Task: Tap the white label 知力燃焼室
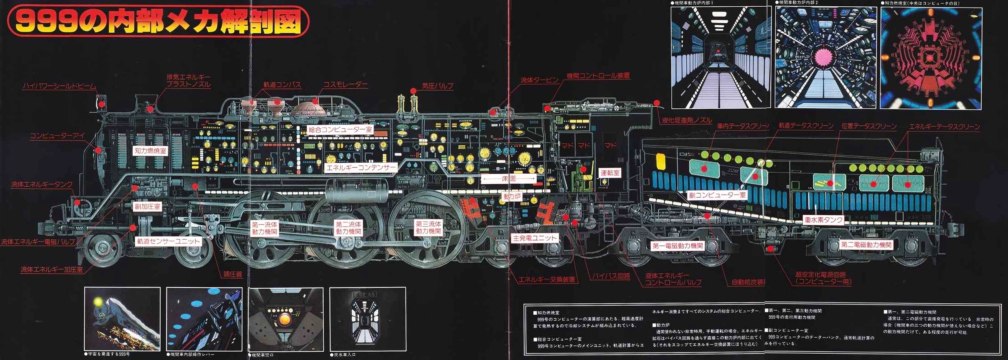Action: [x=150, y=151]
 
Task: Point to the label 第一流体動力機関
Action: [x=265, y=228]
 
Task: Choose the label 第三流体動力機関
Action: [x=428, y=228]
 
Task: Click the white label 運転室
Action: [x=610, y=173]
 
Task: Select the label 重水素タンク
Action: [x=823, y=220]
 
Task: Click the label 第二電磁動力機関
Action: [x=866, y=245]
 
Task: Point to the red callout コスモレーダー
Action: [x=345, y=85]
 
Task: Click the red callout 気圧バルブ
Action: [x=437, y=86]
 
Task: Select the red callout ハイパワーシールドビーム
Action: [x=59, y=86]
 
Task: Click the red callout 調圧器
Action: [x=233, y=274]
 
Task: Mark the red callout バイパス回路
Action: [x=611, y=276]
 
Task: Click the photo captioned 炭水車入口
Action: [x=367, y=319]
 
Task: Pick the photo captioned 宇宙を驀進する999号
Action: [x=122, y=319]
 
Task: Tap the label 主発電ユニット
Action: [x=535, y=238]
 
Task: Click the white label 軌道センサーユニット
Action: [x=169, y=241]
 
